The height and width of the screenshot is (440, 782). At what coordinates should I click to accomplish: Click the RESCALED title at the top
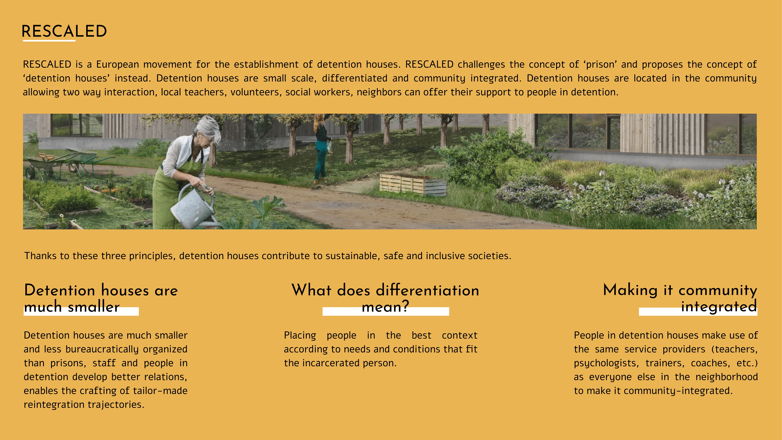point(64,31)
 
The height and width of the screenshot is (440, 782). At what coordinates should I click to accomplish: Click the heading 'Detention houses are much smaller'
point(101,298)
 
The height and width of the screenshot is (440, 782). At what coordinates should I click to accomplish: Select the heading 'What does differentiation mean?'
point(385,298)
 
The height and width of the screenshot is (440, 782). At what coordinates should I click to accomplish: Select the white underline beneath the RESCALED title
point(49,40)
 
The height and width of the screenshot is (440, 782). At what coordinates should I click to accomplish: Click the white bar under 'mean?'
point(386,311)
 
